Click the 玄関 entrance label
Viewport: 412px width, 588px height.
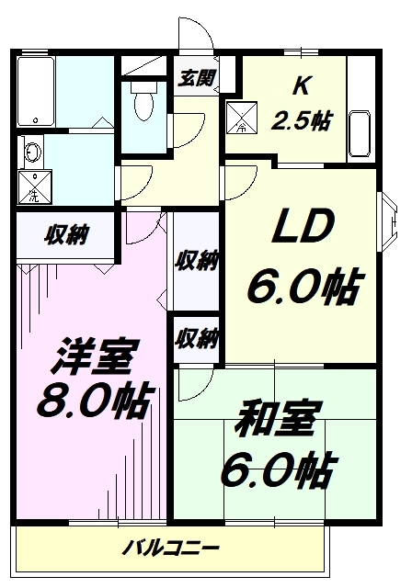tap(196, 78)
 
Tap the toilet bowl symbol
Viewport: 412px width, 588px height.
tap(143, 100)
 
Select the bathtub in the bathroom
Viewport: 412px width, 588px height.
tap(36, 92)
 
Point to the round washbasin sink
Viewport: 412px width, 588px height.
tap(32, 152)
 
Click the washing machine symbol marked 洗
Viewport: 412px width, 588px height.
tap(35, 187)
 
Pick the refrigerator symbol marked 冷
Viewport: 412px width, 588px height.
tap(242, 118)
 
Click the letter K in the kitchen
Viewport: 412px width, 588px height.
tap(302, 85)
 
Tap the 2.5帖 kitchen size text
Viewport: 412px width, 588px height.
tap(302, 120)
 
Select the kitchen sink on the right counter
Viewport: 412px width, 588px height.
tap(360, 134)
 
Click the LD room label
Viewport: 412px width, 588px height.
tap(303, 226)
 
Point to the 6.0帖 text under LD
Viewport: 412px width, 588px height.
tap(303, 288)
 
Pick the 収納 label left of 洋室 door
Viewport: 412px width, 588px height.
tap(67, 235)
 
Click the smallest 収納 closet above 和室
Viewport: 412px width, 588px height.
tap(196, 339)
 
